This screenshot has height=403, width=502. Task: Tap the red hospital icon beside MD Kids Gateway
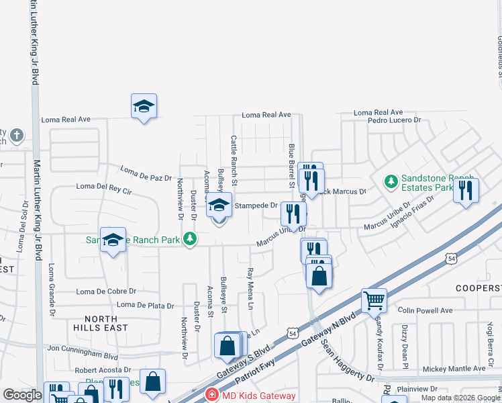[x=212, y=395]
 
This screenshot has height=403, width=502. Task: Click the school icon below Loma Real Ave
[x=144, y=106]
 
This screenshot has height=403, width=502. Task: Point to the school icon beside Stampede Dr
[x=219, y=206]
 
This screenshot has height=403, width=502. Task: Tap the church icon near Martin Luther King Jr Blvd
[x=17, y=137]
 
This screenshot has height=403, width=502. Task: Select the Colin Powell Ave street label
[x=425, y=310]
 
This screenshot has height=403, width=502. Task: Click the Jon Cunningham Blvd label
[x=83, y=349]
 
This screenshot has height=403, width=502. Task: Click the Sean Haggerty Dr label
[x=347, y=360]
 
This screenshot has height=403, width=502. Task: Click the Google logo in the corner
[x=22, y=395]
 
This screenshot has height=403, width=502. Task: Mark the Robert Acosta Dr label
[x=103, y=370]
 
